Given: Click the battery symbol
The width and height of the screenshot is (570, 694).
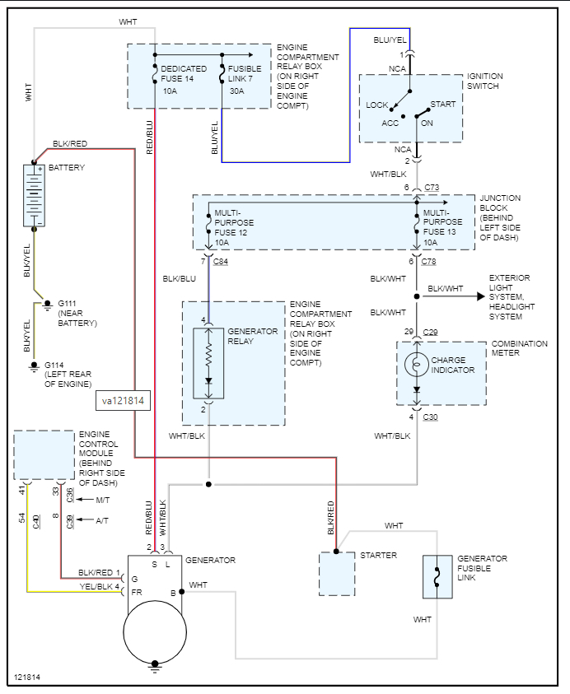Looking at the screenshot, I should [x=34, y=195].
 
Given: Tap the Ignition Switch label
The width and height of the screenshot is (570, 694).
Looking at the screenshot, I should [x=484, y=81].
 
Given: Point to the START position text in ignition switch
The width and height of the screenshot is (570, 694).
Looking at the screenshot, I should [x=442, y=105].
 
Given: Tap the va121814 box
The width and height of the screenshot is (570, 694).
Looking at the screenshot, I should [x=123, y=400].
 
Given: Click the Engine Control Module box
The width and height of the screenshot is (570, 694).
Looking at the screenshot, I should [x=44, y=454].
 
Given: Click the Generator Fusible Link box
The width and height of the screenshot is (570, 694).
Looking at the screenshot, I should [x=437, y=576].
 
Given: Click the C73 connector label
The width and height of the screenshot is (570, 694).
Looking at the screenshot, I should [x=432, y=189].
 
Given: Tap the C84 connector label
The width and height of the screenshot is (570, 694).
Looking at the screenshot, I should [x=221, y=261].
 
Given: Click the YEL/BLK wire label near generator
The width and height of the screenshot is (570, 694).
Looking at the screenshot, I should [x=96, y=586].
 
